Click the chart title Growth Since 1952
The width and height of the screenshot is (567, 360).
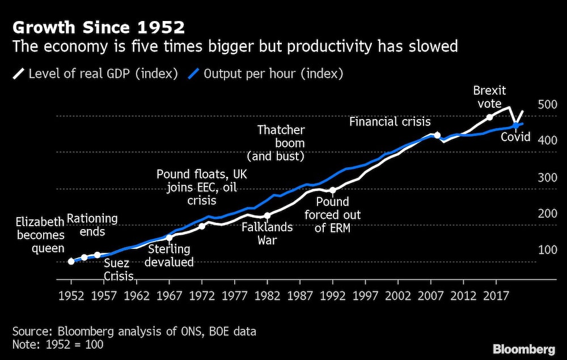click(99, 27)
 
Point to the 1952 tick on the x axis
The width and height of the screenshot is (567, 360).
click(71, 295)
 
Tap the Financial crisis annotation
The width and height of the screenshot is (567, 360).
click(390, 121)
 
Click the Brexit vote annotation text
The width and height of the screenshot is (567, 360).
click(490, 97)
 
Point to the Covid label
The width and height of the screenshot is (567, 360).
click(515, 137)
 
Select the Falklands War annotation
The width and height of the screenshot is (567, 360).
click(267, 234)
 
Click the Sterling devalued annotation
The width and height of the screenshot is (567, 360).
click(171, 256)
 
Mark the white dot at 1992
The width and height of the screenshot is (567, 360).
click(333, 190)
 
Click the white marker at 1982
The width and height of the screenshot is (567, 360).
click(267, 215)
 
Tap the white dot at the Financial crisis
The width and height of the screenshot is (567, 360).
click(437, 135)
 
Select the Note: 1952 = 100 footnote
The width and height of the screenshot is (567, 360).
click(57, 344)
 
